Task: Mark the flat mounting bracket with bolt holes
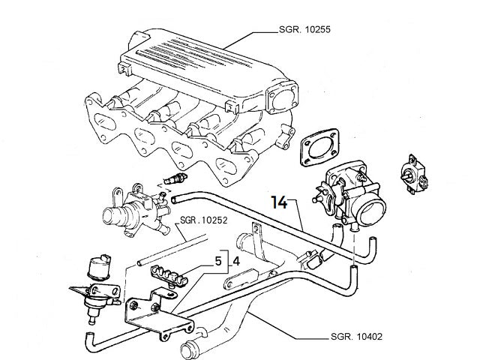tap(154, 313)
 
